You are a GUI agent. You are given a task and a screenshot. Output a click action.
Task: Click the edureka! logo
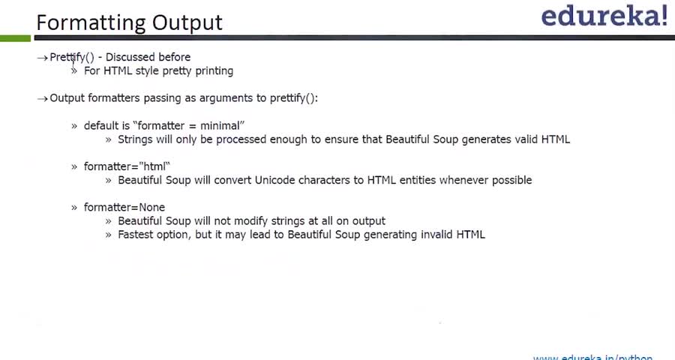pyautogui.click(x=604, y=16)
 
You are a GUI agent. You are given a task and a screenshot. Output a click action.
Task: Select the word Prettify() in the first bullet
pyautogui.click(x=72, y=57)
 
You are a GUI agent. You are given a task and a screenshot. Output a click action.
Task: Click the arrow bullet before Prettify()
pyautogui.click(x=42, y=58)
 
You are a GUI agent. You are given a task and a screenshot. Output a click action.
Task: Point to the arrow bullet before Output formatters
pyautogui.click(x=42, y=98)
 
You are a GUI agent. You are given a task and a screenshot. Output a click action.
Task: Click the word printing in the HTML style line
pyautogui.click(x=214, y=71)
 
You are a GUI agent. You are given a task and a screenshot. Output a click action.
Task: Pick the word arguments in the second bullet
pyautogui.click(x=226, y=98)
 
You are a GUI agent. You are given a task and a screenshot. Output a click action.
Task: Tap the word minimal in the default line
pyautogui.click(x=220, y=126)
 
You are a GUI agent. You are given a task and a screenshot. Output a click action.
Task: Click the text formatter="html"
pyautogui.click(x=127, y=166)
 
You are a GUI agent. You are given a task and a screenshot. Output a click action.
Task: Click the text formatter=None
pyautogui.click(x=124, y=207)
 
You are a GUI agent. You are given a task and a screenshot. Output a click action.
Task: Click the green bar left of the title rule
pyautogui.click(x=16, y=38)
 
